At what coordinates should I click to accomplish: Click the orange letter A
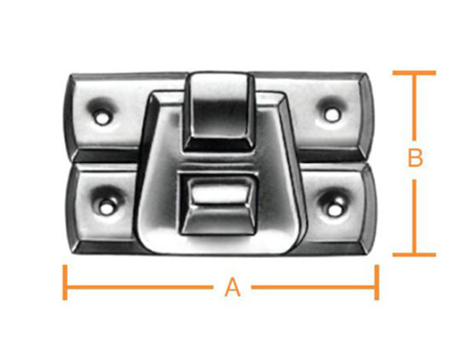point(232,287)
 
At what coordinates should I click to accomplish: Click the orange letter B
point(415,158)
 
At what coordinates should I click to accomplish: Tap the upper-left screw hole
point(102,117)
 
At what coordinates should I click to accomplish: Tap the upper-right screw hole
point(332,115)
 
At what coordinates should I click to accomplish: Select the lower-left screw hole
point(107,208)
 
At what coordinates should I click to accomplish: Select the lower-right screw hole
point(334,211)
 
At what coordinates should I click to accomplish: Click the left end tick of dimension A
point(65,282)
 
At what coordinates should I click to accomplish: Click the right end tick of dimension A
point(376,282)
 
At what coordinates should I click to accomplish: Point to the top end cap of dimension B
point(414,73)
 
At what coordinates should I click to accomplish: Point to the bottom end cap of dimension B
point(414,254)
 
